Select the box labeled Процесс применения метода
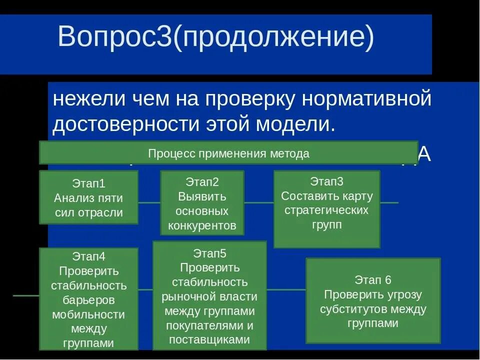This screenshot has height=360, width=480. (228, 153)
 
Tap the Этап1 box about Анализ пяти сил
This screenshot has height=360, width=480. (88, 197)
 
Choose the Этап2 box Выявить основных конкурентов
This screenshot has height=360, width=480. (202, 203)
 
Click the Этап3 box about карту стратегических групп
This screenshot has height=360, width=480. (326, 209)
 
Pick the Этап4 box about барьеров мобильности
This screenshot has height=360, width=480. (88, 299)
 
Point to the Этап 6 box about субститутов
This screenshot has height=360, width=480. (373, 301)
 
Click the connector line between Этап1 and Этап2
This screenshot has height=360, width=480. (149, 202)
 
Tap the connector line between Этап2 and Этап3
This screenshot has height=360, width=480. (258, 202)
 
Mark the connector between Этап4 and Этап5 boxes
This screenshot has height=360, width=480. (145, 289)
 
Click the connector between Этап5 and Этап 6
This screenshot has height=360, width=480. (286, 289)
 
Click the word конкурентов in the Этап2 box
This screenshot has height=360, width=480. (202, 225)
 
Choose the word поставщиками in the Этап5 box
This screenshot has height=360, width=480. (209, 339)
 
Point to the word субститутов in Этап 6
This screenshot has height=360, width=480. (353, 309)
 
